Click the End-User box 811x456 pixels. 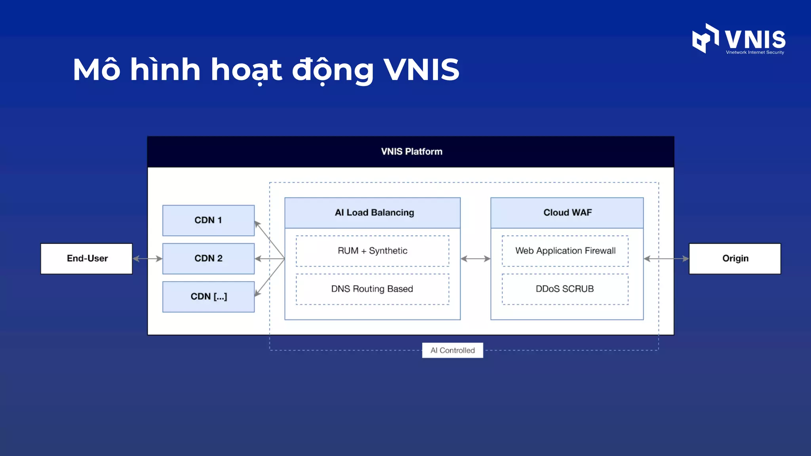coord(87,258)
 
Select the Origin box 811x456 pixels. coord(735,258)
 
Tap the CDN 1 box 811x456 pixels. coord(208,220)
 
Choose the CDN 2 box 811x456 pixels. coord(208,258)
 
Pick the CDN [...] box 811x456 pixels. coord(208,296)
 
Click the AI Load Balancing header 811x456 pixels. coord(373,213)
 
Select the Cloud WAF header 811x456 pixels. coord(567,213)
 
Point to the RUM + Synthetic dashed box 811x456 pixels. coord(373,251)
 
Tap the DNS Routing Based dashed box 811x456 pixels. coord(373,289)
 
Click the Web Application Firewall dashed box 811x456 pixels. coord(565,251)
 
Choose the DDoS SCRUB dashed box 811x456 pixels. coord(565,289)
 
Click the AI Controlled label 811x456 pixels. coord(453,350)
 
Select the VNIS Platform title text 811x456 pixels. coord(411,152)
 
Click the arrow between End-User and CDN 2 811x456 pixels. coord(147,258)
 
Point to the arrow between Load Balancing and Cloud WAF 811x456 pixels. coord(475,258)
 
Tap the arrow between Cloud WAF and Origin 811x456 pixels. coord(666,258)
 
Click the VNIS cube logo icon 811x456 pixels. coord(705,38)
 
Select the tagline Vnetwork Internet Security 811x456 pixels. coord(755,52)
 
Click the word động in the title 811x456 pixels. coord(333,70)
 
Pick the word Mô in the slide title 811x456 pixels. coord(97,70)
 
